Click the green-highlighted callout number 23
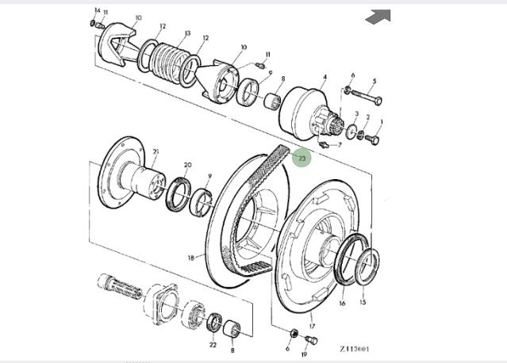point(302,159)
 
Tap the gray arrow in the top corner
point(378,16)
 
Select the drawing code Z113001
point(355,349)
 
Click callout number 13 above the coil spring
point(187,33)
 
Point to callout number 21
point(156,151)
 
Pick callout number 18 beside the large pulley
point(190,258)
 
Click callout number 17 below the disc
point(312,326)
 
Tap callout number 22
point(213,345)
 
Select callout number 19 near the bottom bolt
point(304,354)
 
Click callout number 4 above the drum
point(325,77)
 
